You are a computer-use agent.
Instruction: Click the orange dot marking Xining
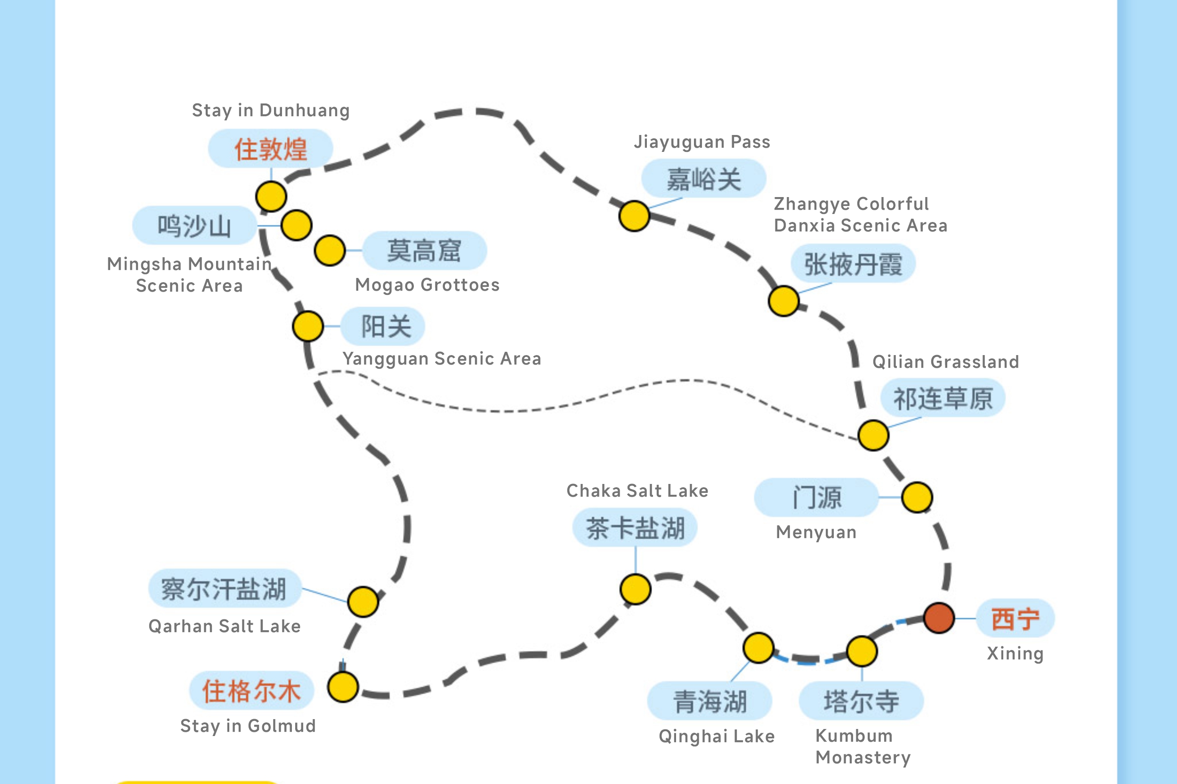(x=939, y=618)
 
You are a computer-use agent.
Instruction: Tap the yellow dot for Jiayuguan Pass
(x=634, y=216)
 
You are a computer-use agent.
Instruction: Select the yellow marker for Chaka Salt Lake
(x=636, y=589)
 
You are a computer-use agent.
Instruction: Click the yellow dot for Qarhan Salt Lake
(x=363, y=602)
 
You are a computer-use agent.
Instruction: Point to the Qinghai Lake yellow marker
(x=758, y=648)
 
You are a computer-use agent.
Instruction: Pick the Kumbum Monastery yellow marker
(x=862, y=651)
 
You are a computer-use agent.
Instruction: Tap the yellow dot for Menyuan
(x=917, y=498)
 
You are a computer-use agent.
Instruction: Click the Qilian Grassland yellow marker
(x=873, y=435)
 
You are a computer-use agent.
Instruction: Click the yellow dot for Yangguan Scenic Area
(x=308, y=326)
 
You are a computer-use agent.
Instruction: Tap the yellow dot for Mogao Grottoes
(x=330, y=250)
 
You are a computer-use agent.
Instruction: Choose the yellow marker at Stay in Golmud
(x=343, y=687)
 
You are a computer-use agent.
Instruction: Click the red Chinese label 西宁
(x=1016, y=618)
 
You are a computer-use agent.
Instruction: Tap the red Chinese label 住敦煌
(x=271, y=149)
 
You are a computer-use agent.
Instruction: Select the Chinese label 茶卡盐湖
(x=635, y=528)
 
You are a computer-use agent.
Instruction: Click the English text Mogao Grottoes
(x=427, y=285)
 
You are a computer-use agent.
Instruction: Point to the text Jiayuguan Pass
(x=701, y=142)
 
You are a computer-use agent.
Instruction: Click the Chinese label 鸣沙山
(x=194, y=225)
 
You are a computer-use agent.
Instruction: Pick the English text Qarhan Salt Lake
(x=225, y=626)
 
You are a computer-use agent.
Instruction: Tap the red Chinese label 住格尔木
(x=251, y=690)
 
